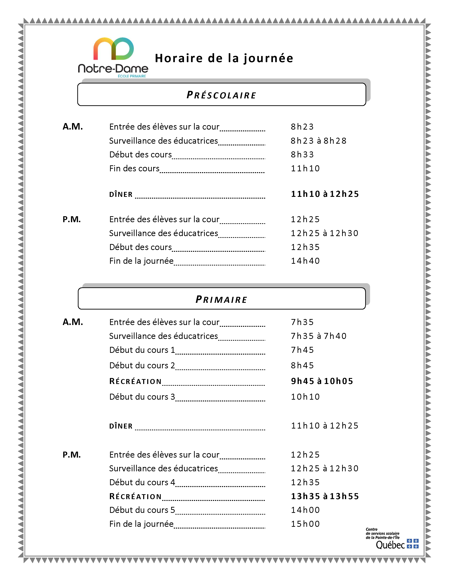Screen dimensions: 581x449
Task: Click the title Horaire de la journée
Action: tap(224, 58)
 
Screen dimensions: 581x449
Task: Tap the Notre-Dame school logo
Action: tap(113, 57)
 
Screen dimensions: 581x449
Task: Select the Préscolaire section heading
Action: tap(221, 95)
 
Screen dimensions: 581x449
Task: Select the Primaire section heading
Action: tap(221, 299)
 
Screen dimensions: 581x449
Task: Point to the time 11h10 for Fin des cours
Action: tap(305, 168)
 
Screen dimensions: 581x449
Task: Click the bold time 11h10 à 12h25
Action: tap(325, 194)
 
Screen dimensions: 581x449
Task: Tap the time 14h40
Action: tap(305, 261)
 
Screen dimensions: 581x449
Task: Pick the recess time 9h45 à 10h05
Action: tap(322, 381)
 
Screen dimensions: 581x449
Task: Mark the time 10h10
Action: tap(305, 397)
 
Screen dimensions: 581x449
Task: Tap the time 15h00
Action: tap(305, 524)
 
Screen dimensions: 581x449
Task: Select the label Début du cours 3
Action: tap(142, 397)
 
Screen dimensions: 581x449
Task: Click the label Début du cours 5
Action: tap(142, 510)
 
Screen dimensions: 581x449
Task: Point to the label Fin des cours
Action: tap(134, 168)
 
